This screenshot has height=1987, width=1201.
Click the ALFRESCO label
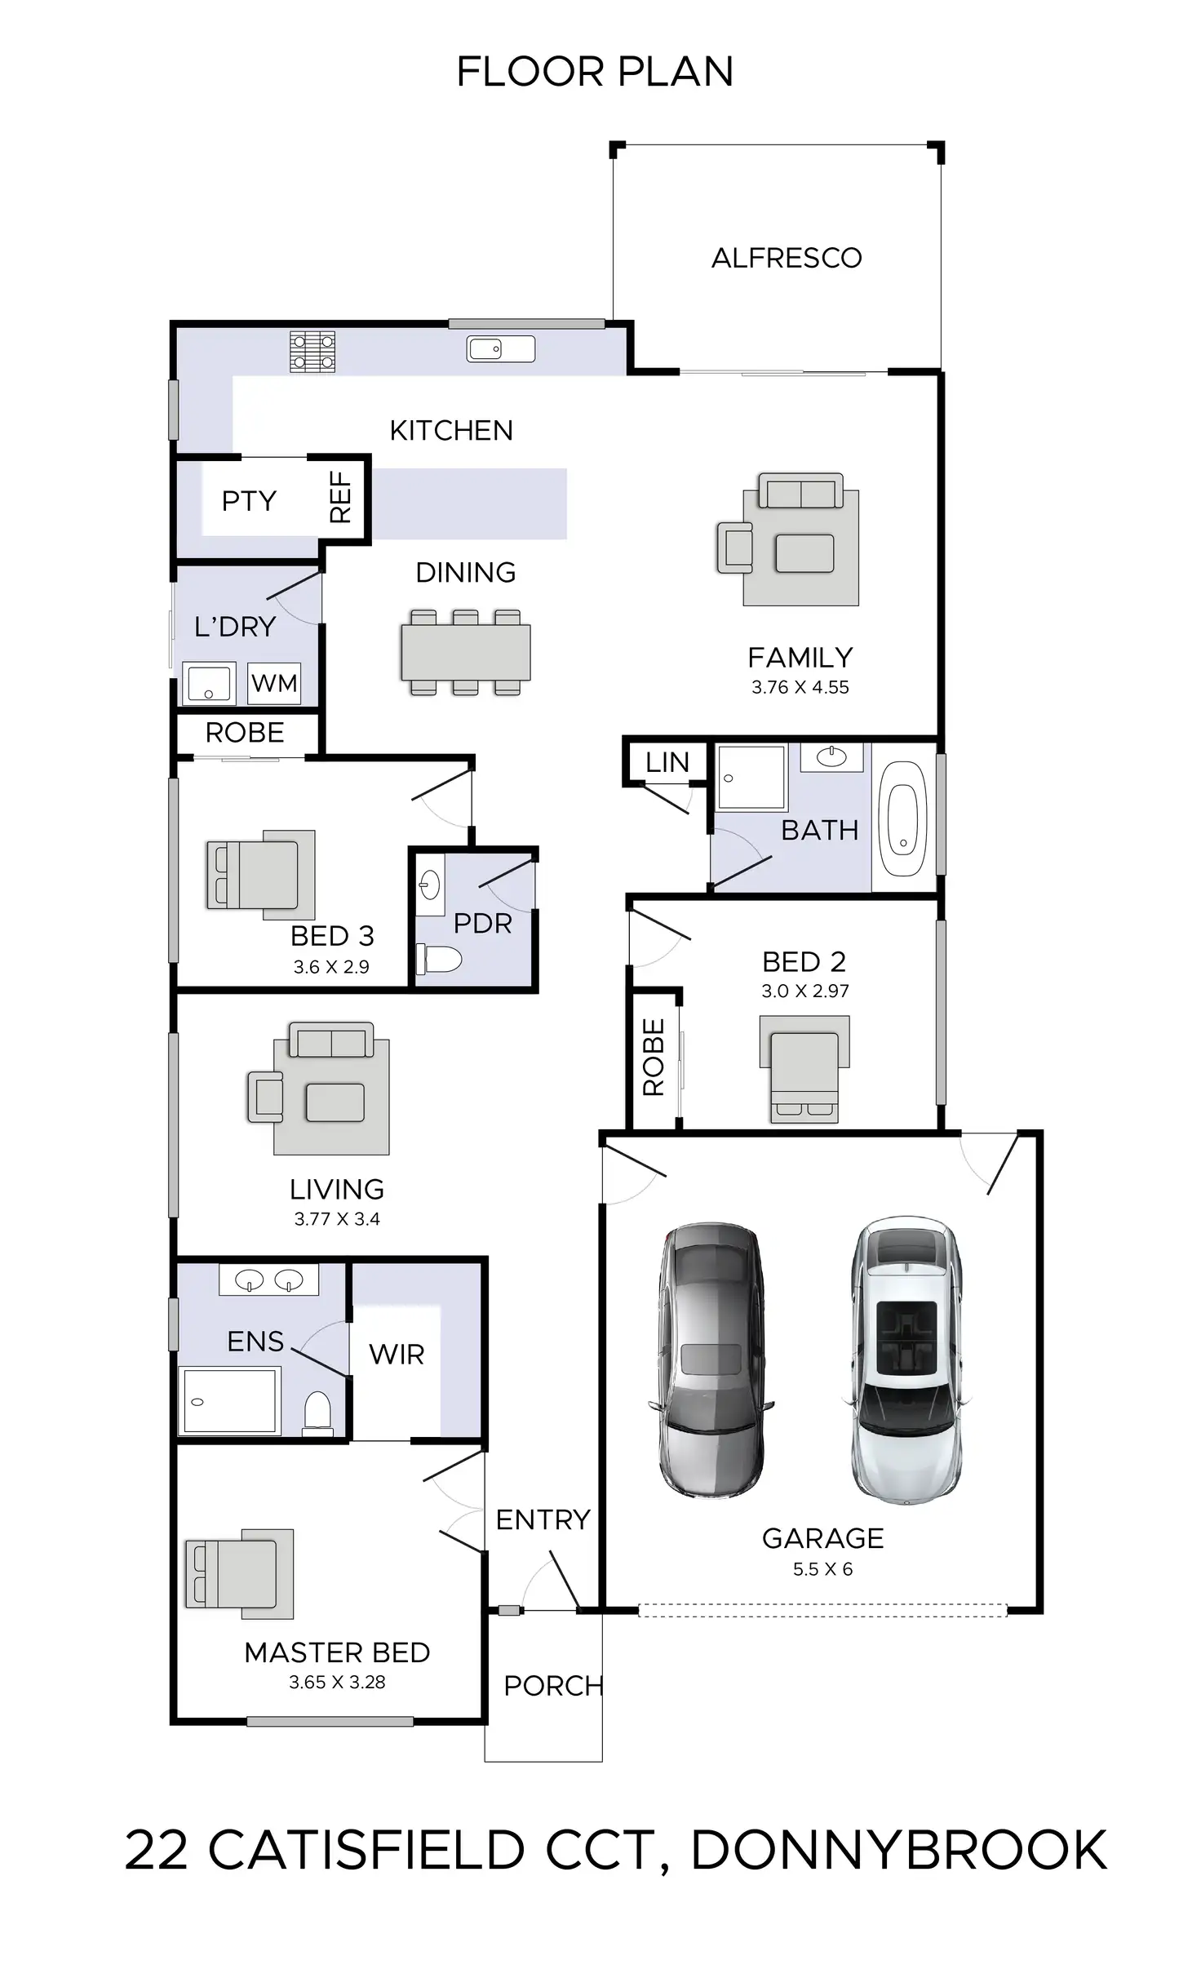click(x=787, y=258)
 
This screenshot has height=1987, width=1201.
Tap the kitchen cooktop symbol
click(x=312, y=352)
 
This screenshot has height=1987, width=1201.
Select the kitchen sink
click(x=500, y=349)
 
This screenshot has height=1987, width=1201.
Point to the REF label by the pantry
click(x=340, y=497)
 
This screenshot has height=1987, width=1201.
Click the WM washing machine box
click(x=274, y=683)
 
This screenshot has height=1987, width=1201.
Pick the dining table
click(x=465, y=652)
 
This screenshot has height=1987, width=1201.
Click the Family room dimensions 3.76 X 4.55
click(x=800, y=687)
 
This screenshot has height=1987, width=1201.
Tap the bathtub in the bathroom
click(x=903, y=817)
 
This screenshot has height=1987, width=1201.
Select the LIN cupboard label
click(x=667, y=762)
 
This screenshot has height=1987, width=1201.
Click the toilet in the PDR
click(x=439, y=959)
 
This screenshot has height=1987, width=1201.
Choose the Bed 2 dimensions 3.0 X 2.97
click(x=804, y=991)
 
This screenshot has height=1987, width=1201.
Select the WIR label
click(x=397, y=1355)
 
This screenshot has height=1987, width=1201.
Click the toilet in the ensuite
click(x=317, y=1412)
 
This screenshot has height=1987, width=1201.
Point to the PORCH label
click(x=553, y=1686)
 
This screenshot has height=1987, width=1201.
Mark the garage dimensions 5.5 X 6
click(x=822, y=1569)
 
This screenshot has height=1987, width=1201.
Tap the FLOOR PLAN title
click(x=595, y=72)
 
